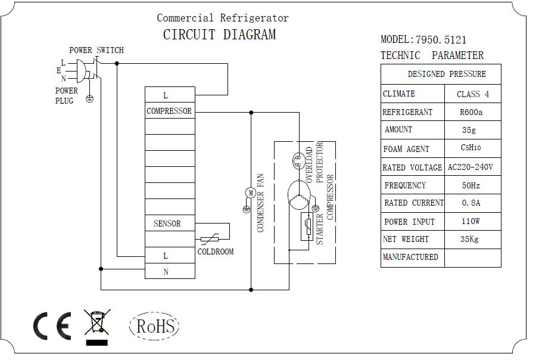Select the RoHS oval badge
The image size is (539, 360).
point(154,326)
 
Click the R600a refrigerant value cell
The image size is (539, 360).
point(472,112)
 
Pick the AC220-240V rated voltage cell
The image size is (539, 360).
point(472,167)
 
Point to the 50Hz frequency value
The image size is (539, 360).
point(472,185)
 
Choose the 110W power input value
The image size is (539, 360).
point(472,222)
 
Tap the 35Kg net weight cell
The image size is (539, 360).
point(472,240)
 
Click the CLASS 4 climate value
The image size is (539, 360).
point(472,94)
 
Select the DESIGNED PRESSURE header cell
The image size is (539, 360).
point(441,74)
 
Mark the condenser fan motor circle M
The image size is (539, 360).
point(250,192)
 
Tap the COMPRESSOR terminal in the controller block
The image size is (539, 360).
point(170,111)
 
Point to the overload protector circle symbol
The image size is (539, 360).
point(297,160)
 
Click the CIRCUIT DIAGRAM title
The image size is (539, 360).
point(219,35)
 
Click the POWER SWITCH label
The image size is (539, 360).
point(96,50)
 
